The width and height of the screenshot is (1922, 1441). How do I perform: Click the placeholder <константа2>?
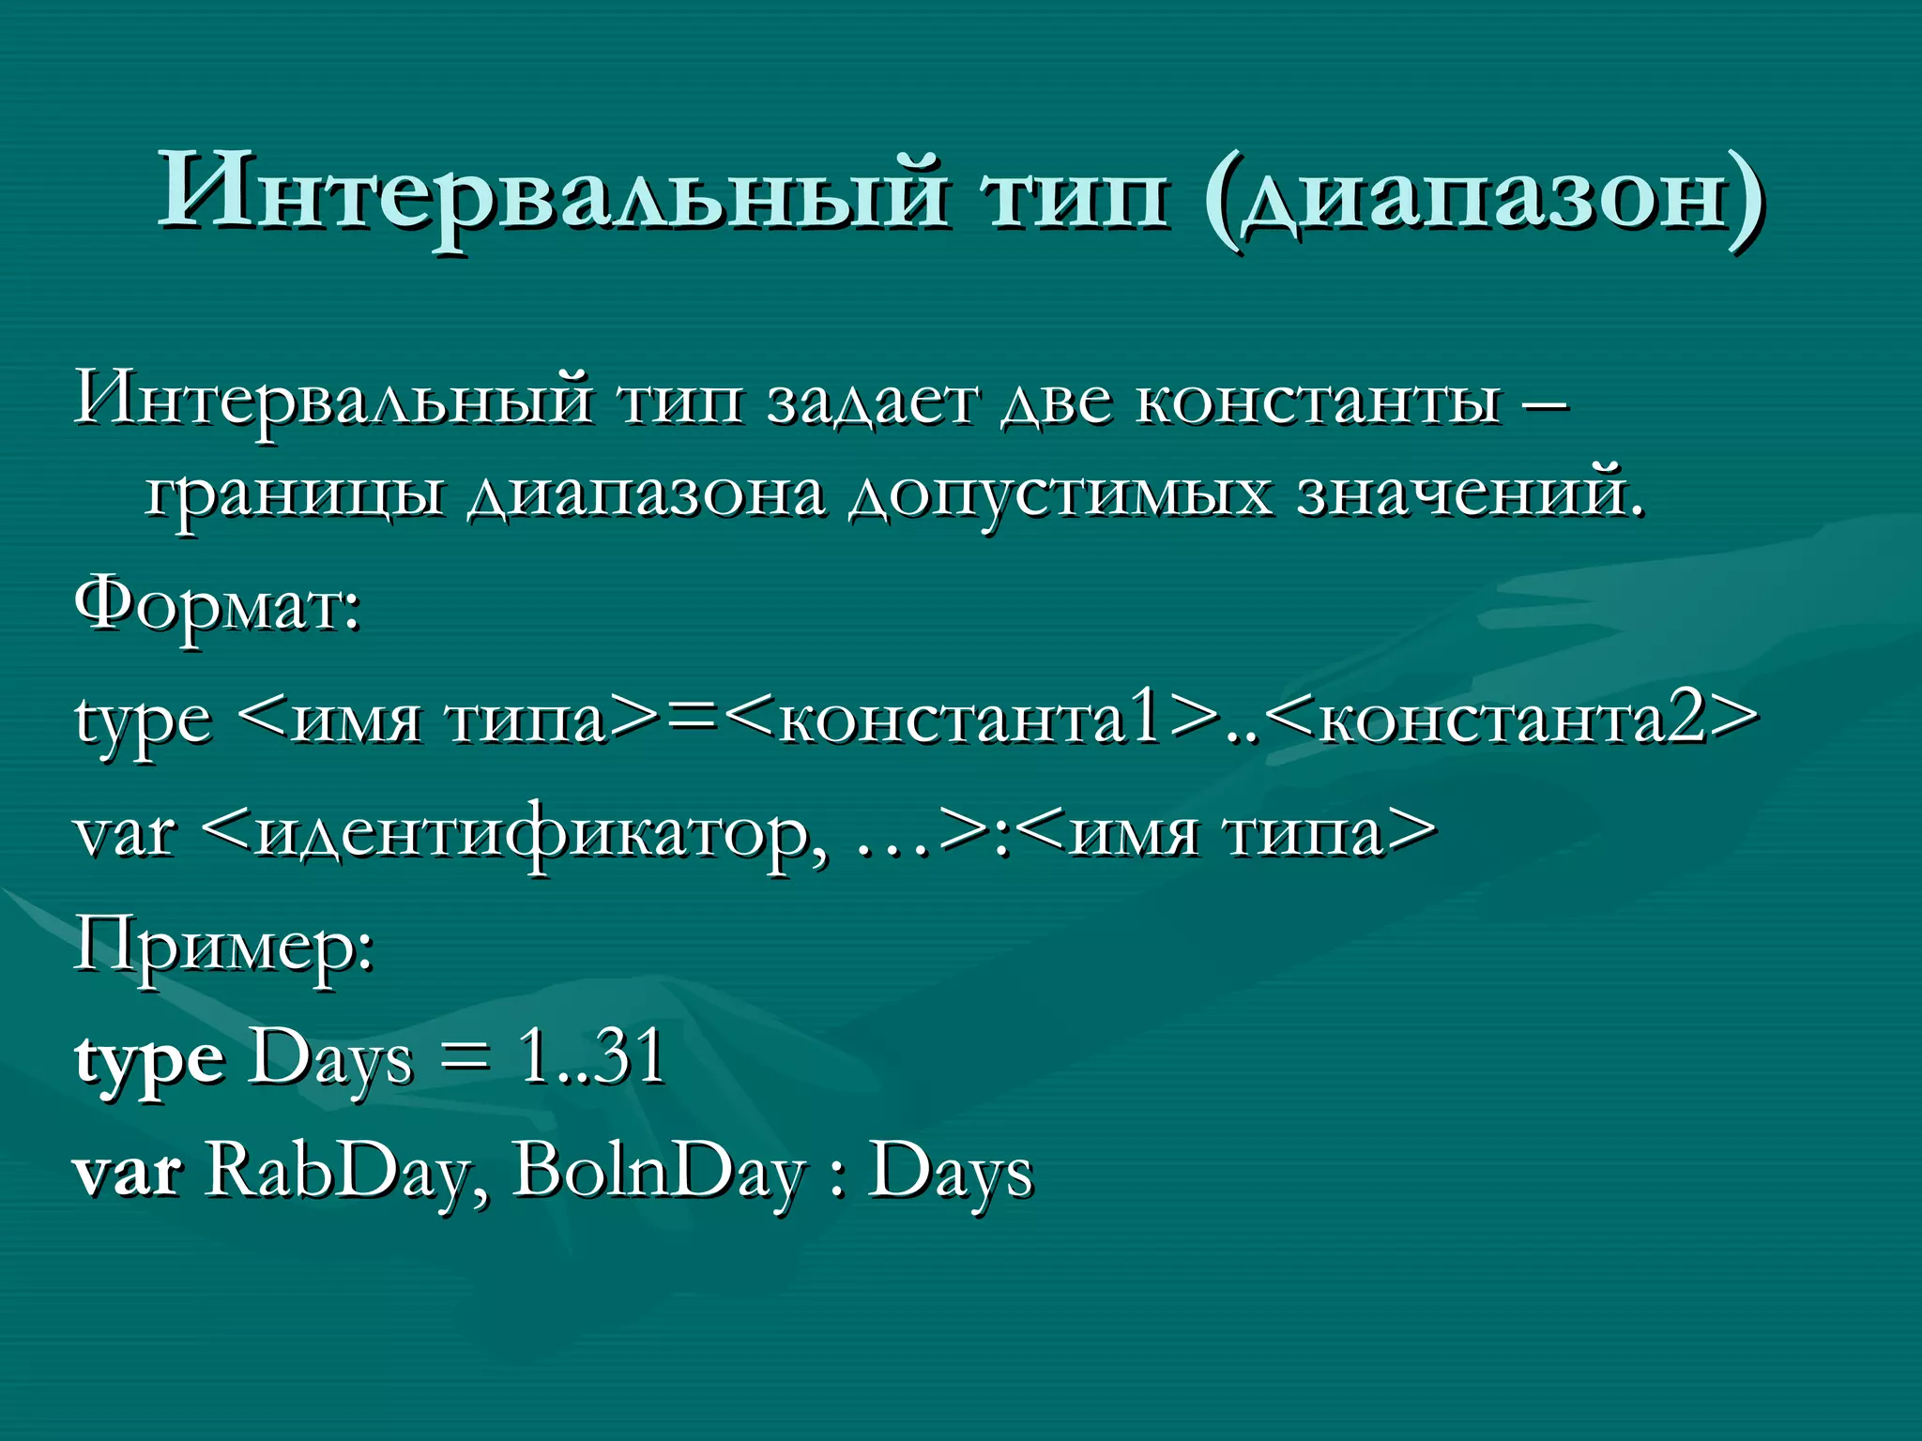tap(1511, 720)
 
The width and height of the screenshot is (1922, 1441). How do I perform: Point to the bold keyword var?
tap(127, 1172)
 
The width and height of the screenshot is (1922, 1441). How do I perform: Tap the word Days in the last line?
tap(950, 1172)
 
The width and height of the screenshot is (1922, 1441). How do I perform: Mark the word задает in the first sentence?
tap(872, 400)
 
